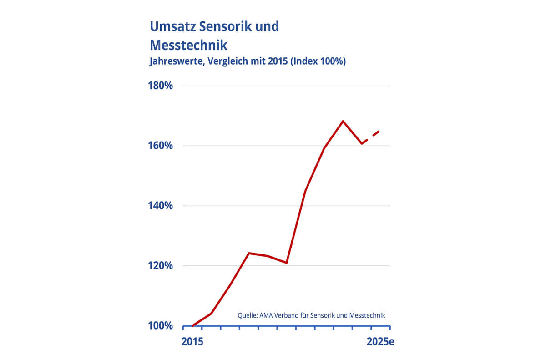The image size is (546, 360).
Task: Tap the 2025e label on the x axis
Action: [x=380, y=342]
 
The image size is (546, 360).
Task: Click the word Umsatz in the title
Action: [x=172, y=26]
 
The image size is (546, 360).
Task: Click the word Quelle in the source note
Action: [x=248, y=315]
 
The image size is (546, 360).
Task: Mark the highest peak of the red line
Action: [x=343, y=121]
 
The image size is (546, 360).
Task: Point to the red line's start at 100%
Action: [x=192, y=326]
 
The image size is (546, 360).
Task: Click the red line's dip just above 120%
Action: [x=286, y=263]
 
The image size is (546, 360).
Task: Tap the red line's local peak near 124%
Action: [x=248, y=253]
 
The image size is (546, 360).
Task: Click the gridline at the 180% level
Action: [x=287, y=86]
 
